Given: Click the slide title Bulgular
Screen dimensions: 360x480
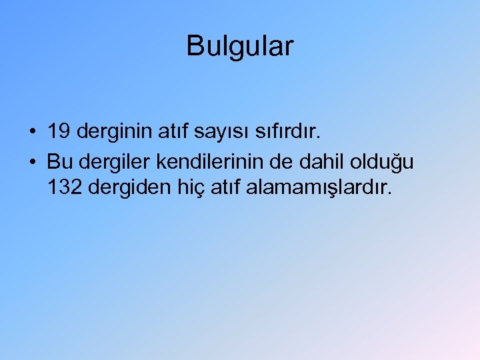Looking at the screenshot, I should (x=239, y=46).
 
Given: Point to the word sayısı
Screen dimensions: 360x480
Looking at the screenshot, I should (x=217, y=132).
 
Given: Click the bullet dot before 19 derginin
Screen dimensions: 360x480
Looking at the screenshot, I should (x=33, y=133).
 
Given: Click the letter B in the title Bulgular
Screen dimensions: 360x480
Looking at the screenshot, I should (x=195, y=46).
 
